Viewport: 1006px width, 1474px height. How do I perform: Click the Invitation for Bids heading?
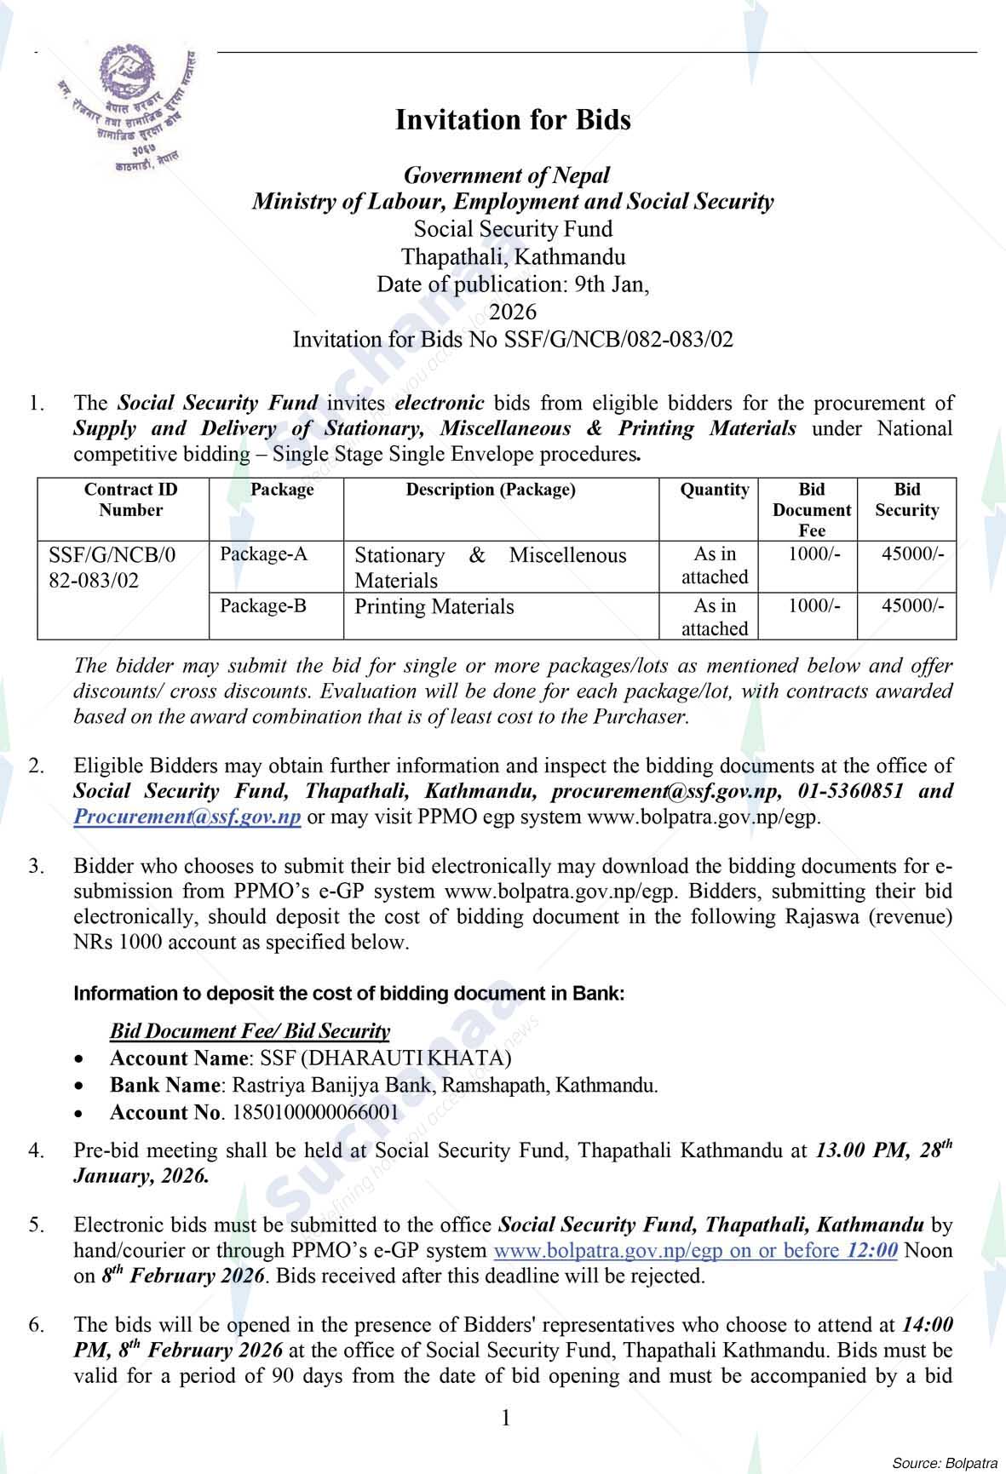513,120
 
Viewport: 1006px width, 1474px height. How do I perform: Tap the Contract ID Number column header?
130,500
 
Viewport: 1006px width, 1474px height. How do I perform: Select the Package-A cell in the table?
263,554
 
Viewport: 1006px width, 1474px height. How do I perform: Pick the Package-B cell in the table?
263,606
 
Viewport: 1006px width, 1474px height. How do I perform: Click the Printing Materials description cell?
434,607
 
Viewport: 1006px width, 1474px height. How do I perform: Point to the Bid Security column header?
906,500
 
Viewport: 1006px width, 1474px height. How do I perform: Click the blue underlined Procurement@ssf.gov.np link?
187,817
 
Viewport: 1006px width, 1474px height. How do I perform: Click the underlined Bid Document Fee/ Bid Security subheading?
250,1031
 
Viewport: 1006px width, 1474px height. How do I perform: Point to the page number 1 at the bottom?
506,1418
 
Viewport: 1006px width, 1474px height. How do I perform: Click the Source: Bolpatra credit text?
944,1463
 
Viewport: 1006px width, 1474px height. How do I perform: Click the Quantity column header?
714,490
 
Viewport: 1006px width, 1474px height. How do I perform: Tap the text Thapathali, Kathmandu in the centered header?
513,256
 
